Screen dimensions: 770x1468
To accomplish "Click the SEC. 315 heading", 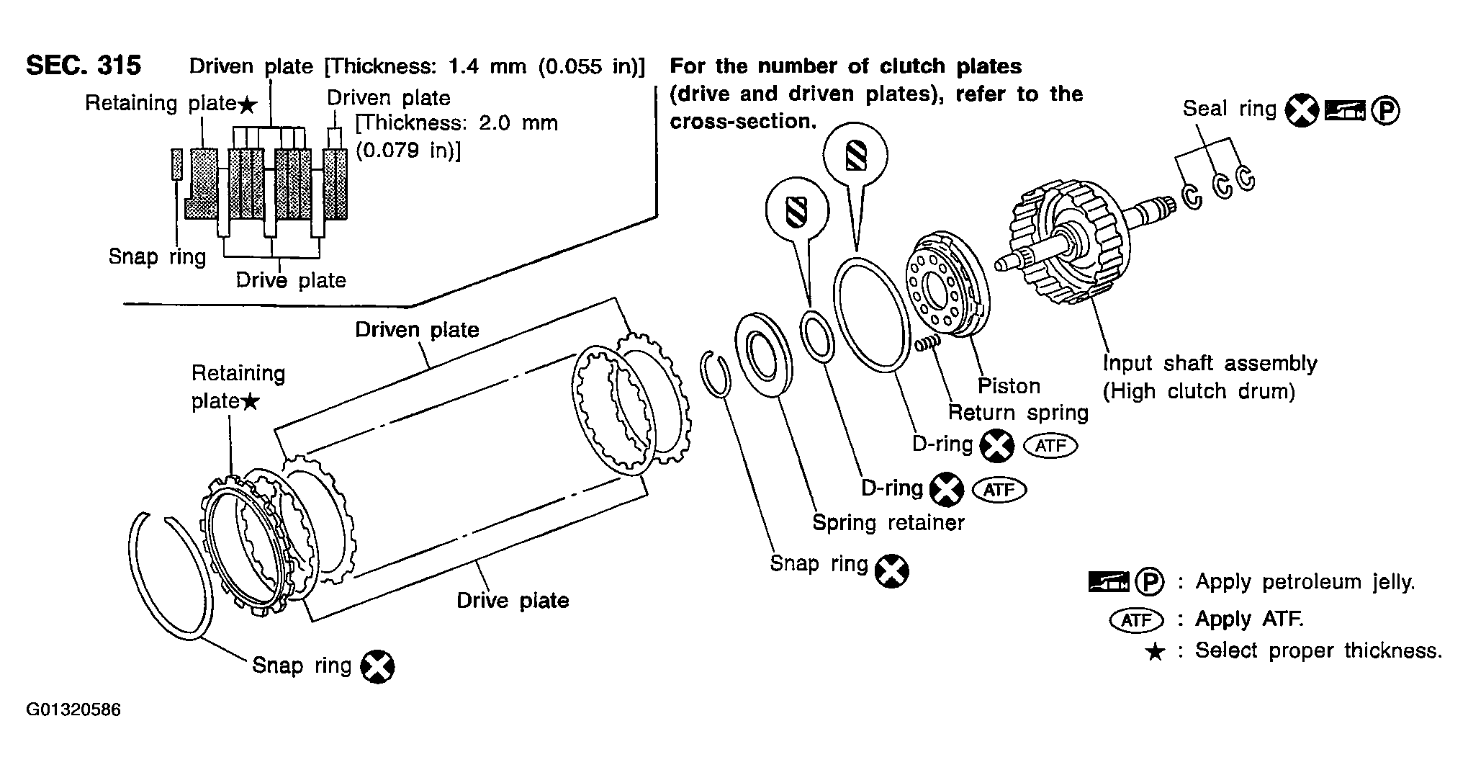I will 84,66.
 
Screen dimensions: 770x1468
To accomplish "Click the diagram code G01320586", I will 73,710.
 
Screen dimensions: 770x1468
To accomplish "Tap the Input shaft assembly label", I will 1210,364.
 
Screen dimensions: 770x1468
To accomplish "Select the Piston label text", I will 1009,387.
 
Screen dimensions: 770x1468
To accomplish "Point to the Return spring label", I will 1017,413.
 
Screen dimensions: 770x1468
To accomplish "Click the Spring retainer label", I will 888,522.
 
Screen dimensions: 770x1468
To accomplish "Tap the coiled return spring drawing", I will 928,344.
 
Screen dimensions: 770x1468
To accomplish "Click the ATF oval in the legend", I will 1136,620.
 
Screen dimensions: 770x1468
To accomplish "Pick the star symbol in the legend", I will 1155,653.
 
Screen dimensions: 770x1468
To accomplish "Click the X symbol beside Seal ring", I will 1301,111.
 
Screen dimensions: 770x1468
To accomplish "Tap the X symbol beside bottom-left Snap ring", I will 377,666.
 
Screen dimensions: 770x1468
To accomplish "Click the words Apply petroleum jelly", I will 1305,582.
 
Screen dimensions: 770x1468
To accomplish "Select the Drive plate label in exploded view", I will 513,601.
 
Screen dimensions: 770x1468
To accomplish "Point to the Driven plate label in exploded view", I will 417,330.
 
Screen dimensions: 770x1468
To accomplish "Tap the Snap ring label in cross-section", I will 157,257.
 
